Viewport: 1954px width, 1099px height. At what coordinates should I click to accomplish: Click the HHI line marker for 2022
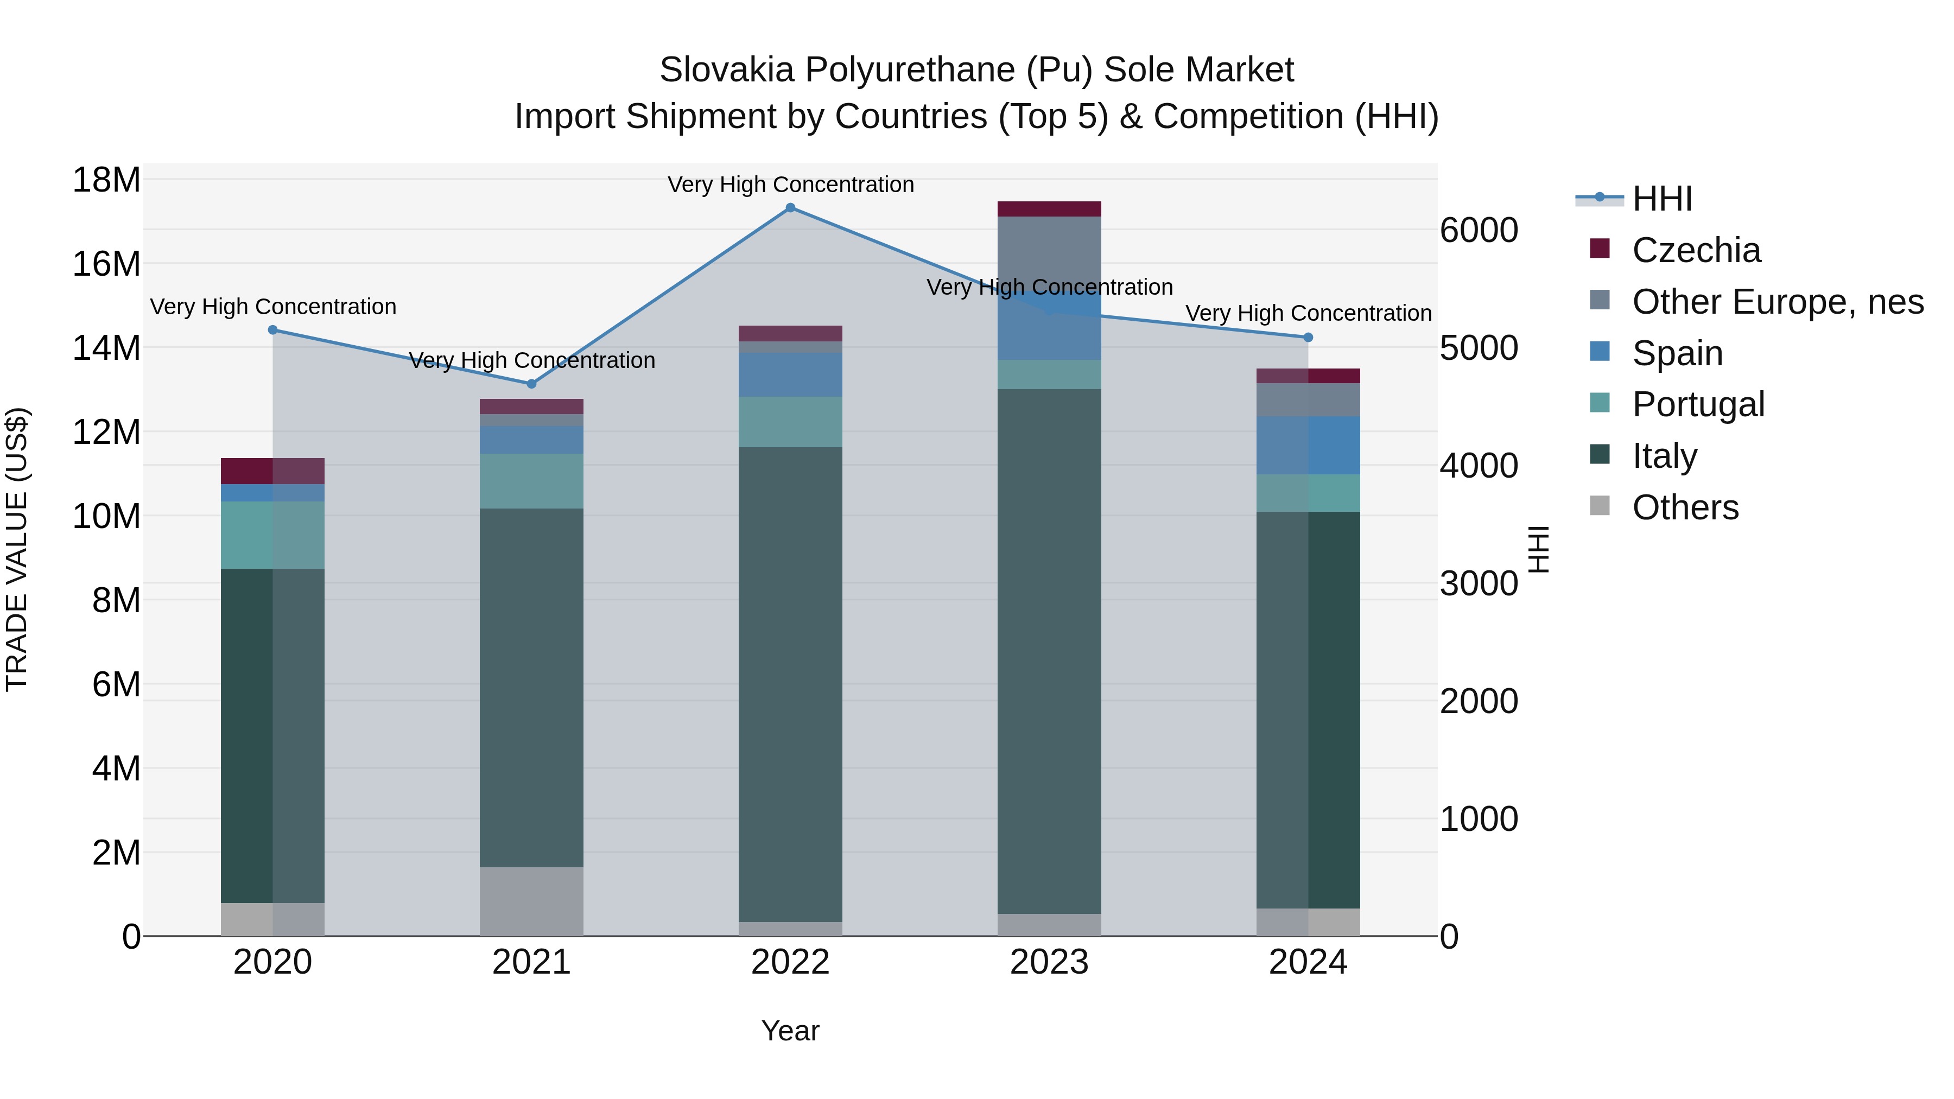point(790,208)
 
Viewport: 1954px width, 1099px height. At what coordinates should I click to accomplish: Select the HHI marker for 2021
point(532,384)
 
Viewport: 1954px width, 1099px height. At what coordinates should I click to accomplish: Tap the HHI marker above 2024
point(1308,338)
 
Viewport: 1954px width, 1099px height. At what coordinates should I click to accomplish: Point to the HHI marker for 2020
point(273,330)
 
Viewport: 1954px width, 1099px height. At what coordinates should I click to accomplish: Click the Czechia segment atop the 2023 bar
point(1049,209)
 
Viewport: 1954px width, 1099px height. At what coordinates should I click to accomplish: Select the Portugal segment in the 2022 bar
point(790,422)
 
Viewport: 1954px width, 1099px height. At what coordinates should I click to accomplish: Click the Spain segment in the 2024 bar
point(1308,445)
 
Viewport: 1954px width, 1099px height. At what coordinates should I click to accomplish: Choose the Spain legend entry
point(1677,353)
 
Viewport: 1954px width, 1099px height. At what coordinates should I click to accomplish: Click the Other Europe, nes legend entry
point(1777,302)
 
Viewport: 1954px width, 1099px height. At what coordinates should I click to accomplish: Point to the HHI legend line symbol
point(1600,198)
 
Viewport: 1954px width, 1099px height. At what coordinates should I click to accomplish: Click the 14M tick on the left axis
point(106,348)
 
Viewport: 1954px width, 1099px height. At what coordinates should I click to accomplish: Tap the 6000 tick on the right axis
point(1479,231)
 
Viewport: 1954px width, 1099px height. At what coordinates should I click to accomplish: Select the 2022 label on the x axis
point(790,962)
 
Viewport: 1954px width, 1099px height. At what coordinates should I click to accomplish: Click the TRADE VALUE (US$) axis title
point(17,549)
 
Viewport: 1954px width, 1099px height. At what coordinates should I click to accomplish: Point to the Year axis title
point(790,1031)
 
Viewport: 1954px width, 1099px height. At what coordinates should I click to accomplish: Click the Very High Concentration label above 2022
point(790,185)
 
